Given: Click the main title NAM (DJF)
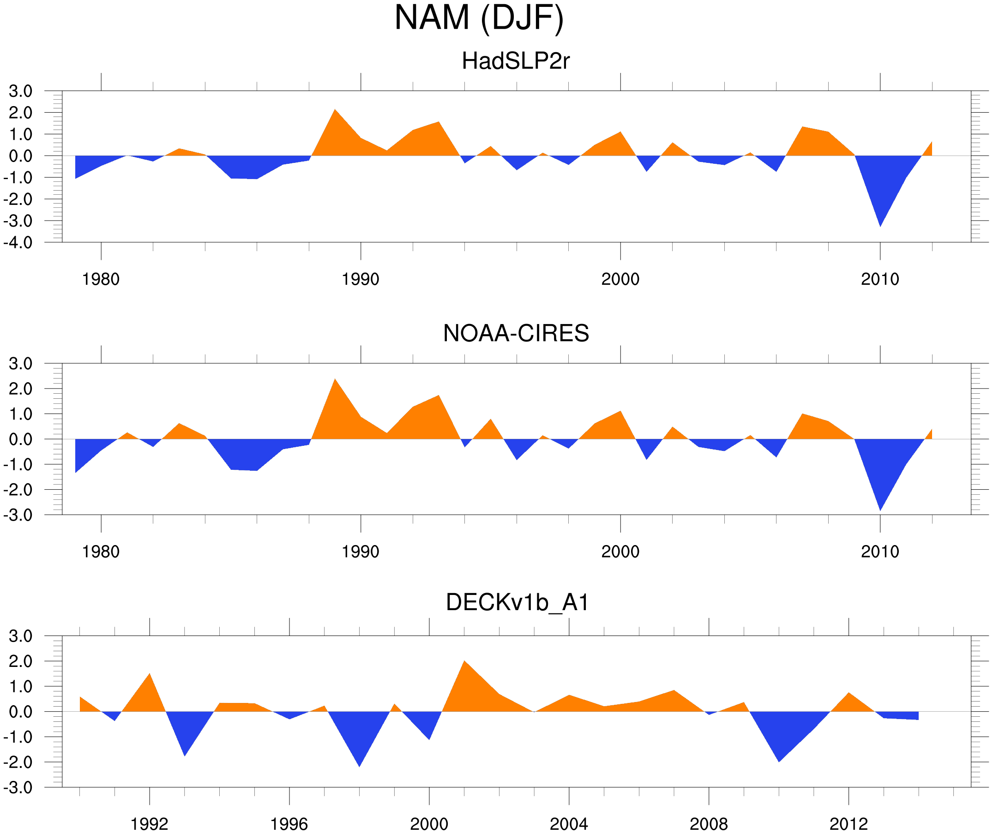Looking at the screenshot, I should click(x=479, y=18).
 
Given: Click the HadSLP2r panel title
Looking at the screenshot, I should click(x=515, y=61).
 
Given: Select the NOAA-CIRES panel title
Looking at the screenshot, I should click(x=516, y=333).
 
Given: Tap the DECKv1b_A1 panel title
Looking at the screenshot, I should click(x=518, y=602).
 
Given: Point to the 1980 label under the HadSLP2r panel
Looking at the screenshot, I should click(x=101, y=279).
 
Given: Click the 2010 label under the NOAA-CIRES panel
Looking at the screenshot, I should click(x=879, y=551).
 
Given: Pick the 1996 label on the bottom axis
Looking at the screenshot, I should click(x=289, y=824).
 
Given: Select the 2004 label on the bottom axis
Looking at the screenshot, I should click(x=568, y=824).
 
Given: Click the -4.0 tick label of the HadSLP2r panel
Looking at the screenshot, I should click(x=18, y=243).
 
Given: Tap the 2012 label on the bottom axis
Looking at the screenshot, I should click(x=849, y=824).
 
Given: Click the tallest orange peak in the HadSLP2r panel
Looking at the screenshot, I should click(x=335, y=110).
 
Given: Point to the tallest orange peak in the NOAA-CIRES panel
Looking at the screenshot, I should click(x=335, y=380).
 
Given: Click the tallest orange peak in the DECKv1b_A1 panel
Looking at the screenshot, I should click(x=464, y=661).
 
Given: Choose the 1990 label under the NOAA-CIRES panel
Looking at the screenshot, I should click(x=361, y=551).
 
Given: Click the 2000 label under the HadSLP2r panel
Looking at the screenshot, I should click(x=620, y=279).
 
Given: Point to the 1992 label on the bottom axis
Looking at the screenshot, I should click(x=150, y=824).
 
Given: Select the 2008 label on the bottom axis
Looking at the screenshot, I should click(x=708, y=824).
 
